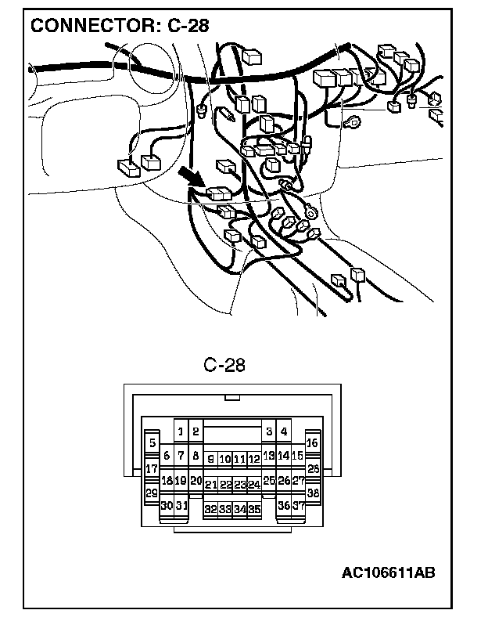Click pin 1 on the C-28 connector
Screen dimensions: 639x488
pos(181,430)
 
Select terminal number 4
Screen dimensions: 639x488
pos(284,430)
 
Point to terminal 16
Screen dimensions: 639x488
pos(312,443)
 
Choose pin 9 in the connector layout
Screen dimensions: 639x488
pos(210,460)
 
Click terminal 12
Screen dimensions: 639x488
pos(253,460)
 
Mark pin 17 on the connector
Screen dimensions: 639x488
pos(151,469)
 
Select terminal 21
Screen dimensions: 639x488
pos(210,485)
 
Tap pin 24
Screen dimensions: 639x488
pos(253,485)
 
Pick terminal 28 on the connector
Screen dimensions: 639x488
pos(313,469)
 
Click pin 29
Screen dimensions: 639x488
pos(151,493)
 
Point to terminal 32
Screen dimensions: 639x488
pos(210,509)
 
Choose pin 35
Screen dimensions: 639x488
pos(253,509)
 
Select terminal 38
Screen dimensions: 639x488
pos(313,493)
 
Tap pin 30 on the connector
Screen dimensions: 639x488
pos(167,506)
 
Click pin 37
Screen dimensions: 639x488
pos(298,506)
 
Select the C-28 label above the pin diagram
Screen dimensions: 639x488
pos(224,366)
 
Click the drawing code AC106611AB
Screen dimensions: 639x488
pos(387,573)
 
